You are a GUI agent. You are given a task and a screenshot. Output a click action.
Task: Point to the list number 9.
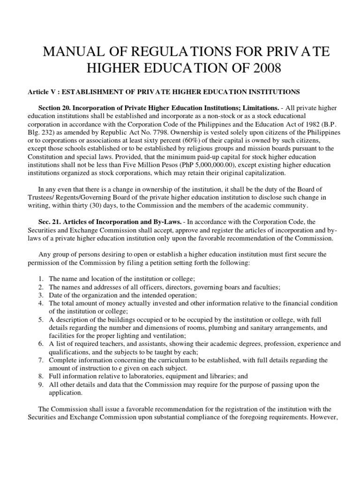point(41,385)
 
